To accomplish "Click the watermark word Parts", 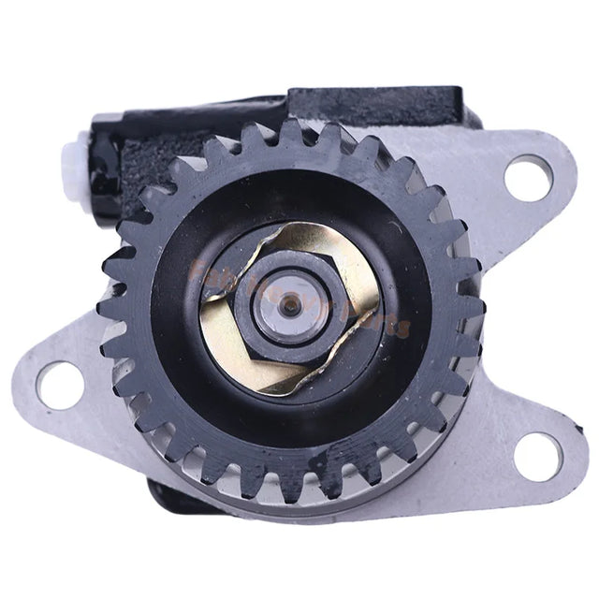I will click(x=379, y=328).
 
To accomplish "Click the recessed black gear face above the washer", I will click(x=281, y=201).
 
